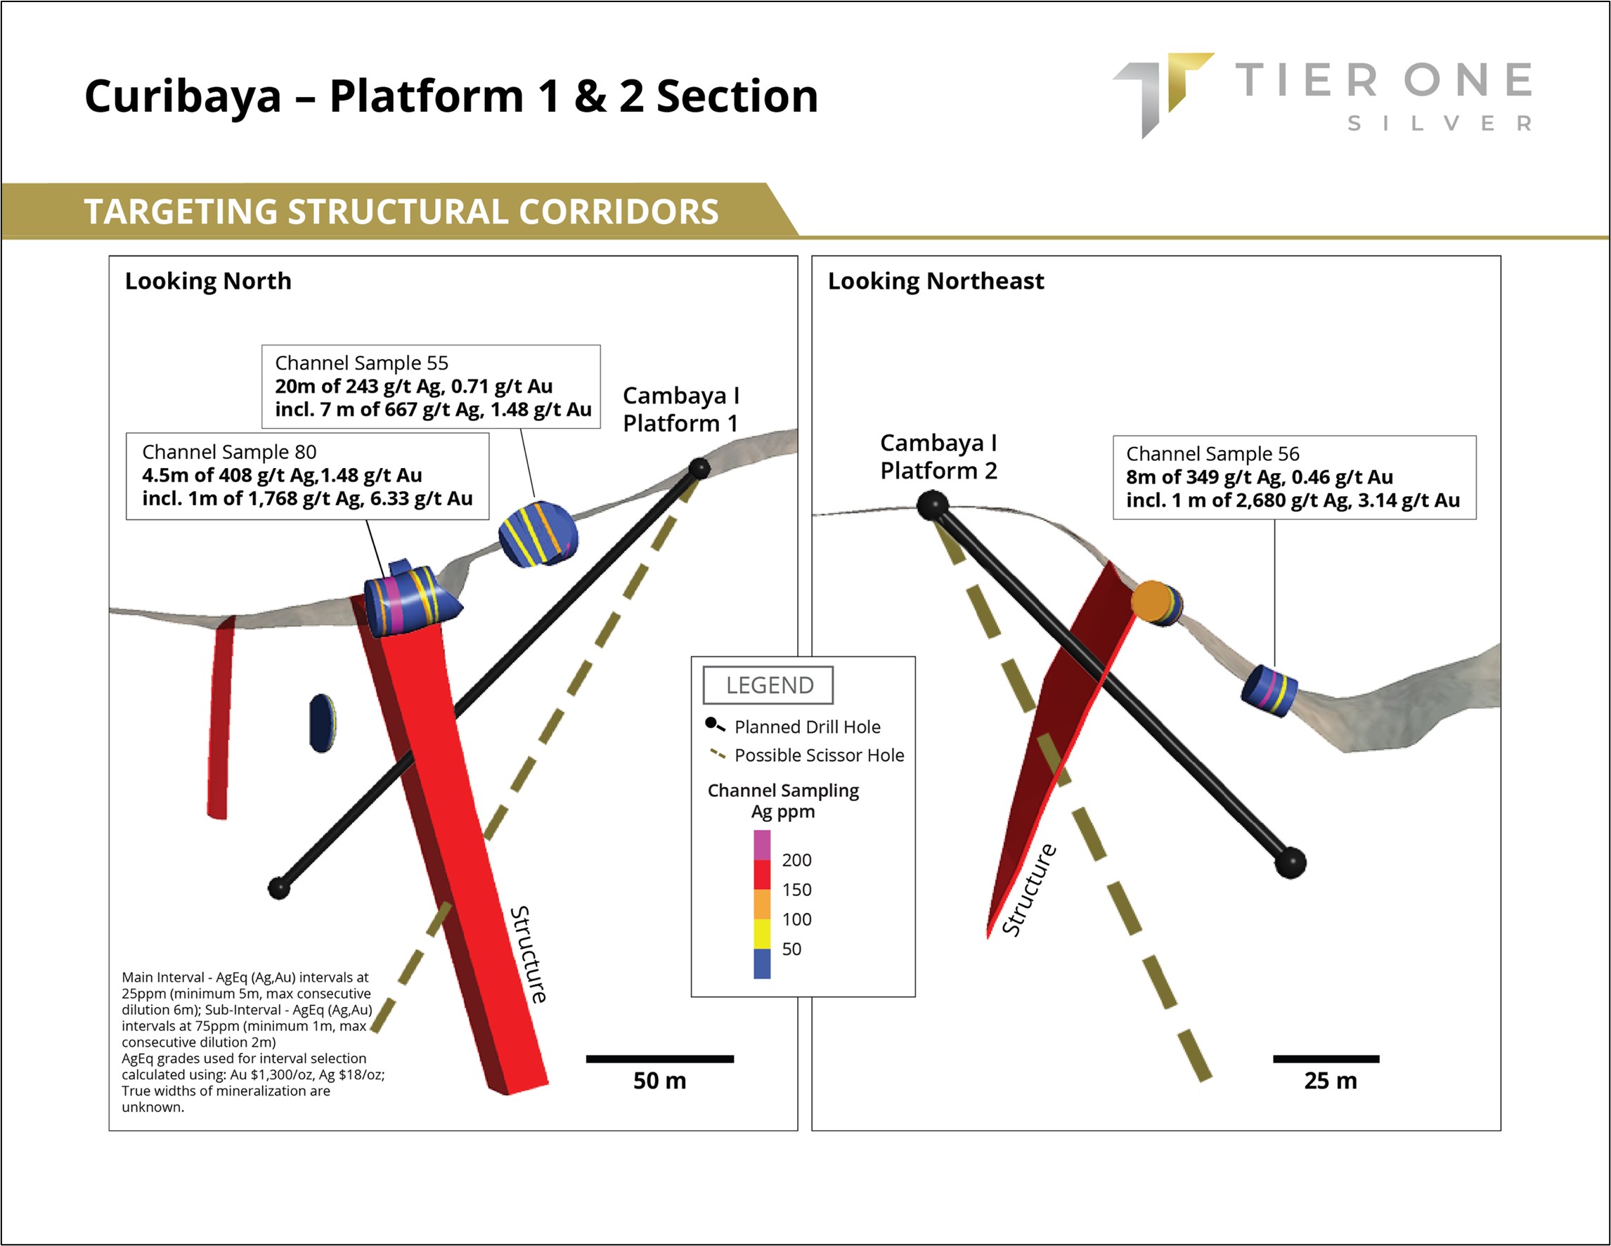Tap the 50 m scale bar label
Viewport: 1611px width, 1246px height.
point(659,1081)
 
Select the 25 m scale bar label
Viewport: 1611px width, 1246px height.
point(1330,1081)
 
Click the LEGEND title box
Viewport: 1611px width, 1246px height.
point(769,685)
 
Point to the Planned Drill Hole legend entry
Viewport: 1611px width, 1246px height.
point(807,727)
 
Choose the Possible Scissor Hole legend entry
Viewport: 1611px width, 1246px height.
point(819,755)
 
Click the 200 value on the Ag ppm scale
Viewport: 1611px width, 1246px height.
point(796,860)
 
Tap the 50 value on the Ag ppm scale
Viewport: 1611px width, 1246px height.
point(791,949)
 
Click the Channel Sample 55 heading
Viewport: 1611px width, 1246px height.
point(361,363)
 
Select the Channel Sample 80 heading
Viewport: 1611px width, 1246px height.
point(229,451)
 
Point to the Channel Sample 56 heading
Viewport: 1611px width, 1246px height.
point(1212,454)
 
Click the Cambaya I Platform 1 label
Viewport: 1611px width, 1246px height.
point(680,410)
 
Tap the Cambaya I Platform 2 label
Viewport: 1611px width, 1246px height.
point(938,457)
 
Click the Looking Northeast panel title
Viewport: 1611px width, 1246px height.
point(936,281)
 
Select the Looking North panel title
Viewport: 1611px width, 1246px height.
point(208,281)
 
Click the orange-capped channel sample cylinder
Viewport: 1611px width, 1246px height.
point(1155,603)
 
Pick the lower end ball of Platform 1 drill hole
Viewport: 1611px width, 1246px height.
point(279,888)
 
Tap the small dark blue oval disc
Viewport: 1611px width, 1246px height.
point(323,723)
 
